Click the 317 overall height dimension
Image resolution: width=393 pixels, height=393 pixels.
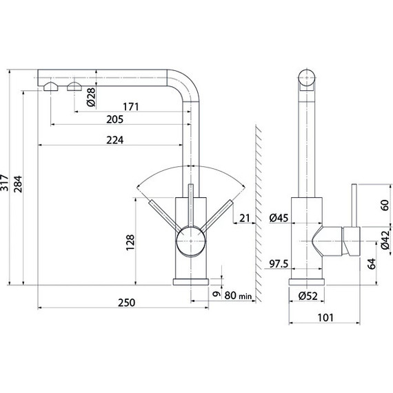[x=5, y=183]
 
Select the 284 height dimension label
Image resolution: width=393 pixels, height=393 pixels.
[x=18, y=184]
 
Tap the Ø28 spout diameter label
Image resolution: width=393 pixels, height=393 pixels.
[x=91, y=97]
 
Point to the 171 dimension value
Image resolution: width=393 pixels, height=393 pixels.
[x=131, y=107]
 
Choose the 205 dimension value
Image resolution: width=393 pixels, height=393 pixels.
[x=114, y=119]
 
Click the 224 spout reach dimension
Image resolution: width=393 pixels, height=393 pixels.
[x=114, y=140]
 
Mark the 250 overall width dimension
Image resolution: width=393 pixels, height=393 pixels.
[x=127, y=303]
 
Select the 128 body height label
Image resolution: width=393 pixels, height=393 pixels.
[x=130, y=243]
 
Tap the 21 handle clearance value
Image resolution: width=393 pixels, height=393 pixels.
[x=245, y=218]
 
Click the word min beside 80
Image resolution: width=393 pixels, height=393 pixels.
[x=245, y=296]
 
